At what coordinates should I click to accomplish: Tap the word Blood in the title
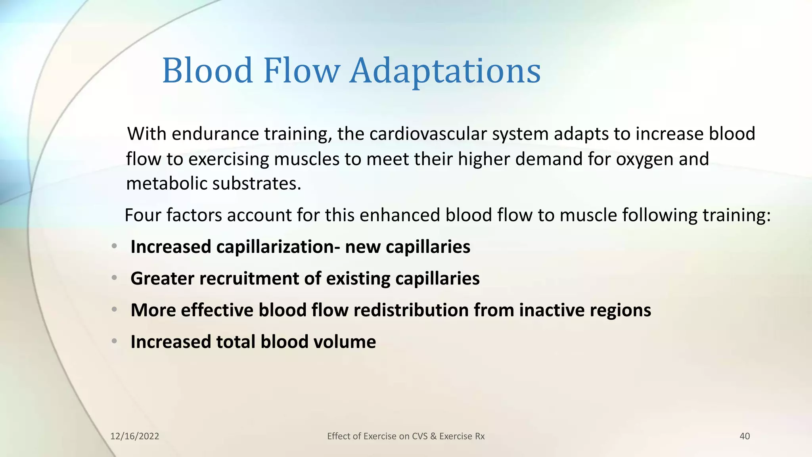207,71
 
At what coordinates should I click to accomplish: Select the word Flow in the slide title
301,71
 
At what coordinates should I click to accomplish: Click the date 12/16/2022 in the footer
134,436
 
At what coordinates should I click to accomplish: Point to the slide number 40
745,436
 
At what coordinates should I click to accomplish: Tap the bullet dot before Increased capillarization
114,246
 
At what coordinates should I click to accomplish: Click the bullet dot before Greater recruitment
114,278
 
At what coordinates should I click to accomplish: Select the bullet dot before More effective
114,309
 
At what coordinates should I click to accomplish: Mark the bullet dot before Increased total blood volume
114,341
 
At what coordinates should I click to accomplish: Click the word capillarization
275,247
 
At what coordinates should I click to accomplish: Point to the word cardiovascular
428,134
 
